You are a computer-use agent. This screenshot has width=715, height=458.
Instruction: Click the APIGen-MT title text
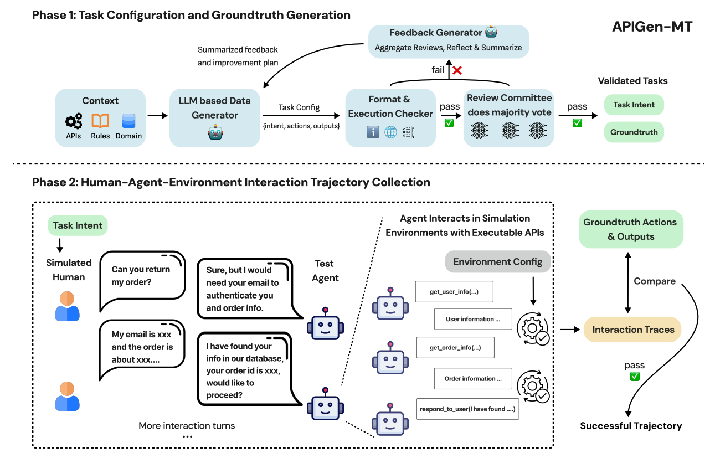point(651,26)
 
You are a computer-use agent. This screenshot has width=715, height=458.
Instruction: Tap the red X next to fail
point(457,70)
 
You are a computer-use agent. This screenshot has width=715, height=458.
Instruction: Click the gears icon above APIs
point(74,121)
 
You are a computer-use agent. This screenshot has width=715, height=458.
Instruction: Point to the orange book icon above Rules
point(100,121)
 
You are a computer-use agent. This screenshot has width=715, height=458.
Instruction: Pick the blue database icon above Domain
point(129,121)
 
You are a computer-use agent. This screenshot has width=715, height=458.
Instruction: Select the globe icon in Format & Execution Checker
point(390,132)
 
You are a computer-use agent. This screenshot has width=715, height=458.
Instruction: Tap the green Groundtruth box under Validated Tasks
point(634,132)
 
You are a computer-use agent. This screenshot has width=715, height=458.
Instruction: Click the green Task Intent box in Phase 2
point(78,225)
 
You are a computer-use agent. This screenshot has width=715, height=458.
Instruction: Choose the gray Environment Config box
point(497,262)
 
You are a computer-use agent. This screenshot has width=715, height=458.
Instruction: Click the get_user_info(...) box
point(454,291)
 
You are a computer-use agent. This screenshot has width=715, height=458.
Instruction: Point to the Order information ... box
point(473,379)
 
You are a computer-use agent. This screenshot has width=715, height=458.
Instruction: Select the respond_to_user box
point(467,409)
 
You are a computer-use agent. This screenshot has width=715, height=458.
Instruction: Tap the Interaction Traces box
point(633,330)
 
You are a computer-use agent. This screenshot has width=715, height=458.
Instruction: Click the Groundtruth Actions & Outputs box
point(630,229)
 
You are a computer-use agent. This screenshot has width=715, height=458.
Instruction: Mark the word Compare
point(655,281)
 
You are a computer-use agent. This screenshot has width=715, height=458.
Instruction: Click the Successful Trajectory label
point(631,426)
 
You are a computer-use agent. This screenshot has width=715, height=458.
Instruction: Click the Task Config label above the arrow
point(299,107)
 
